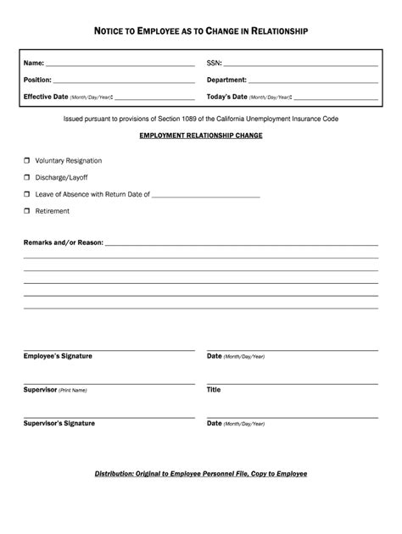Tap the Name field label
(33, 64)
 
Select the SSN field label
(214, 64)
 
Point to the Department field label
(226, 80)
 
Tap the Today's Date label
(227, 97)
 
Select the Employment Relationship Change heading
(201, 136)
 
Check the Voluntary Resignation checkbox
(26, 160)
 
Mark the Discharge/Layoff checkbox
(26, 177)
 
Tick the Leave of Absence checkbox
(26, 194)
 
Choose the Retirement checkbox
(26, 211)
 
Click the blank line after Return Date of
(206, 196)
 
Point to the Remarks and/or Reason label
(64, 242)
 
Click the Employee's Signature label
(58, 356)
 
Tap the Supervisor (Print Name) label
(55, 390)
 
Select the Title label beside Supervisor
(214, 390)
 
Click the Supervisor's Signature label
(59, 423)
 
